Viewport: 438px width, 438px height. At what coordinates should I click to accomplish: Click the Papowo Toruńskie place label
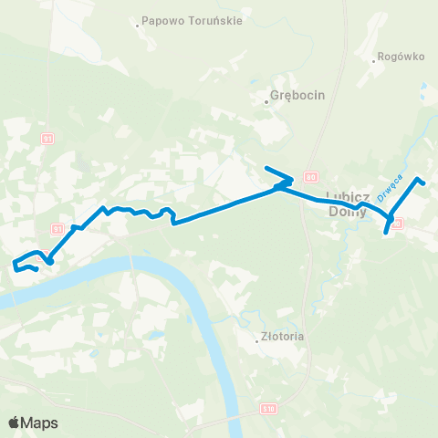click(x=193, y=21)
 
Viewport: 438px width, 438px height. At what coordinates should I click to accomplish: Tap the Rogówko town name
click(x=402, y=57)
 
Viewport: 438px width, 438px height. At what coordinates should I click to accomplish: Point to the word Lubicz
click(x=347, y=198)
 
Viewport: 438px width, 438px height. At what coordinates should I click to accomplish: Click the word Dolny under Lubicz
click(x=347, y=211)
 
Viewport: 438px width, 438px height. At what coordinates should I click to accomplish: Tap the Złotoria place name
click(x=283, y=337)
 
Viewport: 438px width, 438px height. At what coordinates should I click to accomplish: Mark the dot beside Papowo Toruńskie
click(x=137, y=26)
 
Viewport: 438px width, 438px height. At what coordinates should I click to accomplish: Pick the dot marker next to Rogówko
click(x=374, y=62)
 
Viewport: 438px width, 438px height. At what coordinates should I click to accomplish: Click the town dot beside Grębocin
click(x=266, y=101)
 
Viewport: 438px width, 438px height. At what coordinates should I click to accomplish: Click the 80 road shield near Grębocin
click(x=311, y=176)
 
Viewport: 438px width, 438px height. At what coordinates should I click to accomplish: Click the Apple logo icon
click(x=15, y=422)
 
